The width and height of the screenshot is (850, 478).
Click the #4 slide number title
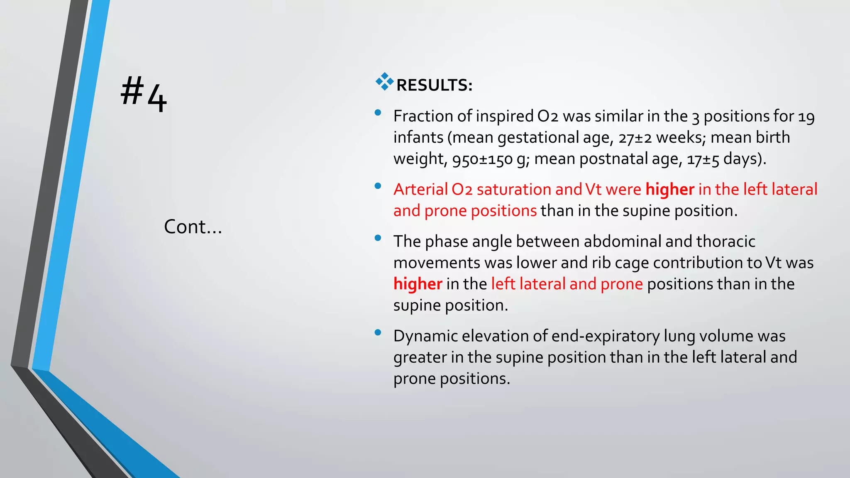click(144, 94)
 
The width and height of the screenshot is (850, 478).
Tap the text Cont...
click(193, 227)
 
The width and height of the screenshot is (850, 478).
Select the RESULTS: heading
click(434, 85)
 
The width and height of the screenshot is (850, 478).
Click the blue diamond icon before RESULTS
click(384, 81)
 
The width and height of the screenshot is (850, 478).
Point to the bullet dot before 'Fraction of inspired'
click(378, 112)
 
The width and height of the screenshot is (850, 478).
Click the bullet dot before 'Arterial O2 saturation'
click(378, 186)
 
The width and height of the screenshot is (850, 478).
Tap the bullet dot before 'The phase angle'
click(378, 238)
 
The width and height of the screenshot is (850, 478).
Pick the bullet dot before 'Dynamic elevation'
click(378, 332)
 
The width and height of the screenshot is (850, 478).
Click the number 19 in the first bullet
click(806, 117)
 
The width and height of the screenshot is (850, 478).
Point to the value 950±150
click(482, 159)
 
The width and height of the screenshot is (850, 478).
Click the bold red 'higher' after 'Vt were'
click(669, 189)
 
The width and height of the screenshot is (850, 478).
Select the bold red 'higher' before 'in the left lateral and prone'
click(418, 284)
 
